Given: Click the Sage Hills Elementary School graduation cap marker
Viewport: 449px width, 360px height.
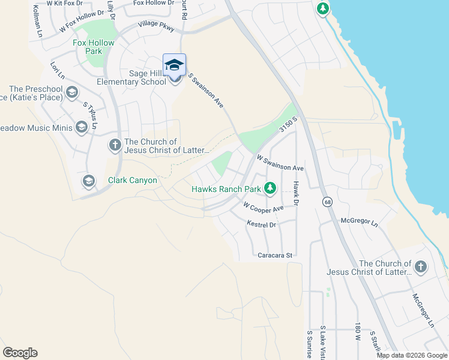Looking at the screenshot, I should coord(174,65).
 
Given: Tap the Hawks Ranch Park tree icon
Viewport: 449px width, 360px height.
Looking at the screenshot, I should coord(271,188).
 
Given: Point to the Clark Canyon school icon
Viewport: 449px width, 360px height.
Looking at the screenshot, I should coord(89,181).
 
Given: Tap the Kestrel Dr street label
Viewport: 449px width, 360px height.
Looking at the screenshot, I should coord(261,224).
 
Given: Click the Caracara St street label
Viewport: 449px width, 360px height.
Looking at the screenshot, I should coord(274,255).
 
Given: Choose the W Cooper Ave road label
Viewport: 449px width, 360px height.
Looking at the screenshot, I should coord(263,207).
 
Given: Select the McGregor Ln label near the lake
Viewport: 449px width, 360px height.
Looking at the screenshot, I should coord(359,222).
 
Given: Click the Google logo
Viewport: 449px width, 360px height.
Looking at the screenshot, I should coord(20,353).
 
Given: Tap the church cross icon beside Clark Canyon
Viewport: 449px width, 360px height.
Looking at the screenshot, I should coord(115,145).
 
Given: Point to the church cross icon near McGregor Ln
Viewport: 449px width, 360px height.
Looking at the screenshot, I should coord(421,267).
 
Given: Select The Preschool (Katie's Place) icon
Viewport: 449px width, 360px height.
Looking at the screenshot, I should coord(72,92).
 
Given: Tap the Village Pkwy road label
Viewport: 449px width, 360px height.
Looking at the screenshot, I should coord(155,25).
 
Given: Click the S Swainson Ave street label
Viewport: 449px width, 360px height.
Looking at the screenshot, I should coord(206,90).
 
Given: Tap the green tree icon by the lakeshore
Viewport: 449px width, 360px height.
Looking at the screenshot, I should coord(323,8).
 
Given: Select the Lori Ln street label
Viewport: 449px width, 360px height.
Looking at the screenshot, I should coord(58,70).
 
